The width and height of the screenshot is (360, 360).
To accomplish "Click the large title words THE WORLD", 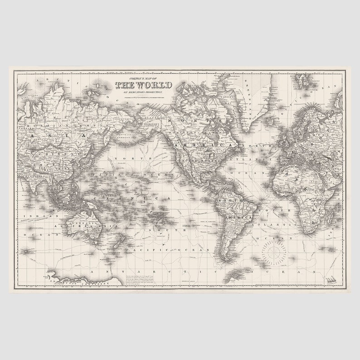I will (x=143, y=85).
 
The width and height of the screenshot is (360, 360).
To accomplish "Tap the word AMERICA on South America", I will (x=236, y=218).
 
